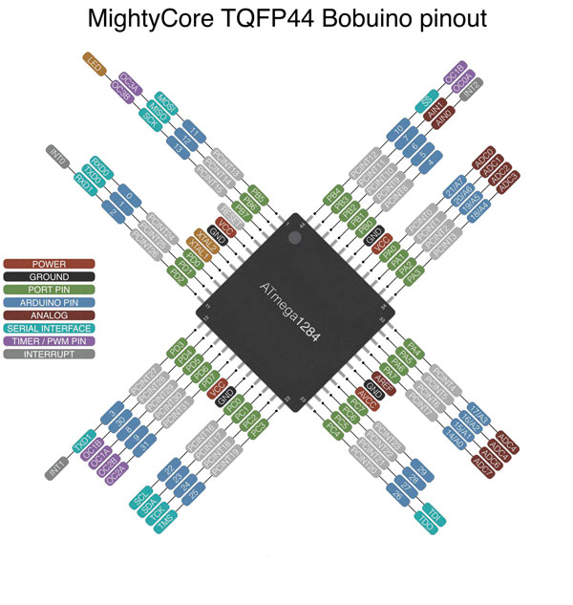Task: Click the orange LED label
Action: pos(94,64)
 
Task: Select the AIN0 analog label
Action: pos(443,120)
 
